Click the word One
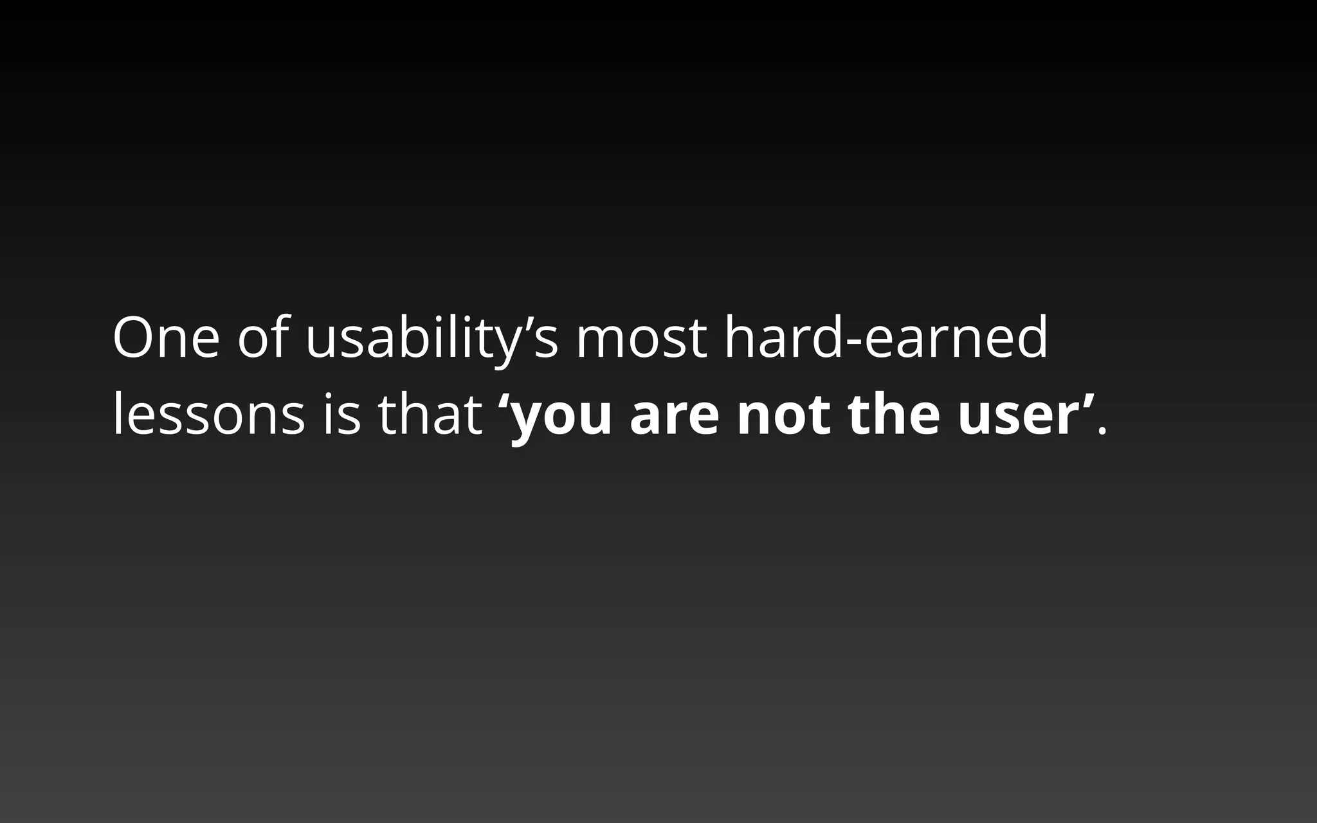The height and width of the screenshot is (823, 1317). (166, 338)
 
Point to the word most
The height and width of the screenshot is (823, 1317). (641, 339)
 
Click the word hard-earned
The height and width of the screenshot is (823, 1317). (886, 338)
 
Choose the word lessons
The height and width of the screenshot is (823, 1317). (208, 415)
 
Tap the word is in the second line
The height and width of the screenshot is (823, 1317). (341, 415)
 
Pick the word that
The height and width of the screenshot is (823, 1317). (430, 415)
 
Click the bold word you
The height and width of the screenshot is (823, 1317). (561, 418)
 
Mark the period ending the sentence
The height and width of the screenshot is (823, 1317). (1103, 432)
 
